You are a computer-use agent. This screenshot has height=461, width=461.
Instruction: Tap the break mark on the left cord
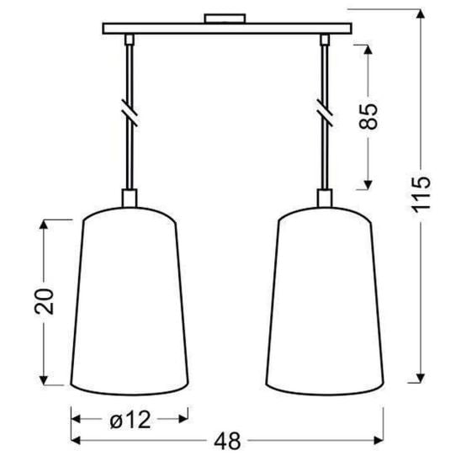(x=129, y=112)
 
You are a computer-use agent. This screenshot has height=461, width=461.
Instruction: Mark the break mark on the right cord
(x=324, y=111)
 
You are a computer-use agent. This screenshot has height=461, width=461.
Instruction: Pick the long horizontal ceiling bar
(x=226, y=29)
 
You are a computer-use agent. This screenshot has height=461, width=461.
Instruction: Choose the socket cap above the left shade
(x=129, y=199)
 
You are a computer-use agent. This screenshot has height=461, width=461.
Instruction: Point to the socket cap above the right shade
(x=324, y=199)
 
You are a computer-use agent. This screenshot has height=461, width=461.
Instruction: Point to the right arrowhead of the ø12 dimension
(x=183, y=416)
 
